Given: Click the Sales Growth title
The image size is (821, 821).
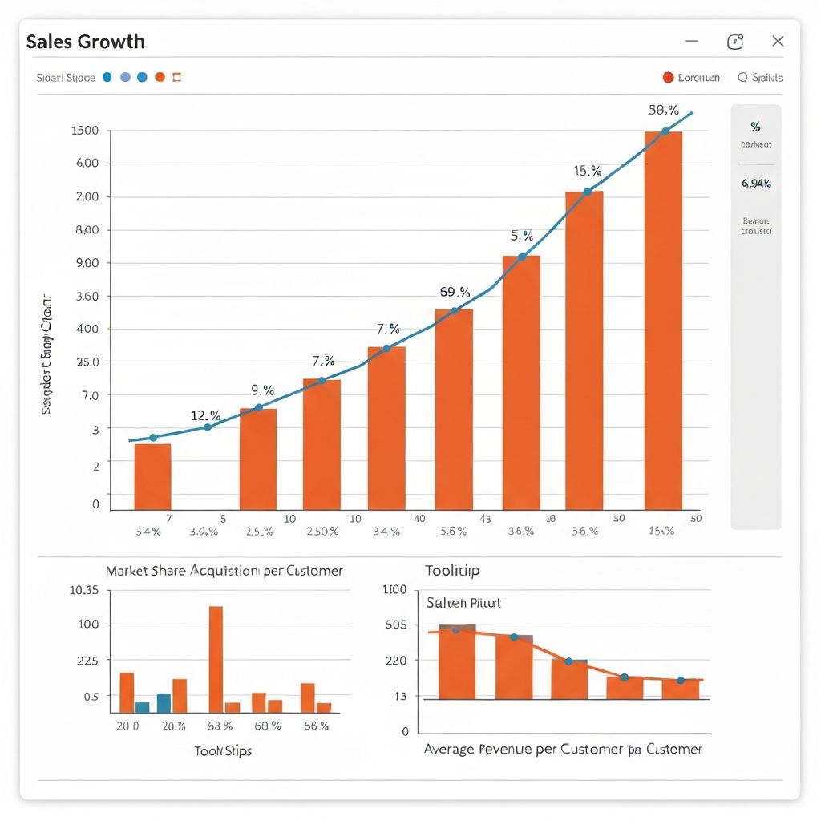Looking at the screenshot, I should click(x=85, y=42).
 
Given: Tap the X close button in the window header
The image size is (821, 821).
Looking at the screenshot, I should click(x=777, y=42).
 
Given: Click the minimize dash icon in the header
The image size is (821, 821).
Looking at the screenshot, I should click(x=691, y=42).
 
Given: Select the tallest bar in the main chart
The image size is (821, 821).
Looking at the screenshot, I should click(x=663, y=321).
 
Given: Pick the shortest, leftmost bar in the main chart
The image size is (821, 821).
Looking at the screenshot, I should click(x=152, y=476).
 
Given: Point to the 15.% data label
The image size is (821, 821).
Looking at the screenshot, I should click(x=587, y=171).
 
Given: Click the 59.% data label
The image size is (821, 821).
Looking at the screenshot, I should click(x=455, y=292).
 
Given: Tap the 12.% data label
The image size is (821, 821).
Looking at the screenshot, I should click(x=205, y=415).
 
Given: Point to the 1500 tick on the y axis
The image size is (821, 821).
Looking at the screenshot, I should click(x=85, y=131).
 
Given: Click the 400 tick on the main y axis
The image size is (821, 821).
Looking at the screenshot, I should click(x=87, y=329).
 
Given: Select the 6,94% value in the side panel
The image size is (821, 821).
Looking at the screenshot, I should click(x=756, y=183).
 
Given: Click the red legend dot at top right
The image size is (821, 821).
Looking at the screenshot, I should click(x=668, y=78).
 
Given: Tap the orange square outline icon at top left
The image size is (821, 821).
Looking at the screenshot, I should click(x=177, y=78).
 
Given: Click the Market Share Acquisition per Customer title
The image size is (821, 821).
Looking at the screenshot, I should click(x=224, y=571).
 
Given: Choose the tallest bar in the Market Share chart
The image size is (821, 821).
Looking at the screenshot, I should click(x=216, y=659).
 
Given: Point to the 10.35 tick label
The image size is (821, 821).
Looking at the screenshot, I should click(x=84, y=590).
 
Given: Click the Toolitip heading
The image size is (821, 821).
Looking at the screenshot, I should click(x=452, y=571).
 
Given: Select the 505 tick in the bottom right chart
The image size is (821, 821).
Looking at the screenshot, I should click(x=395, y=625).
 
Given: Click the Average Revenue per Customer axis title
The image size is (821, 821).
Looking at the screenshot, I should click(x=562, y=749).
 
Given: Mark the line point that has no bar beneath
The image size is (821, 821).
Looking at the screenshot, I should click(x=207, y=427).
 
